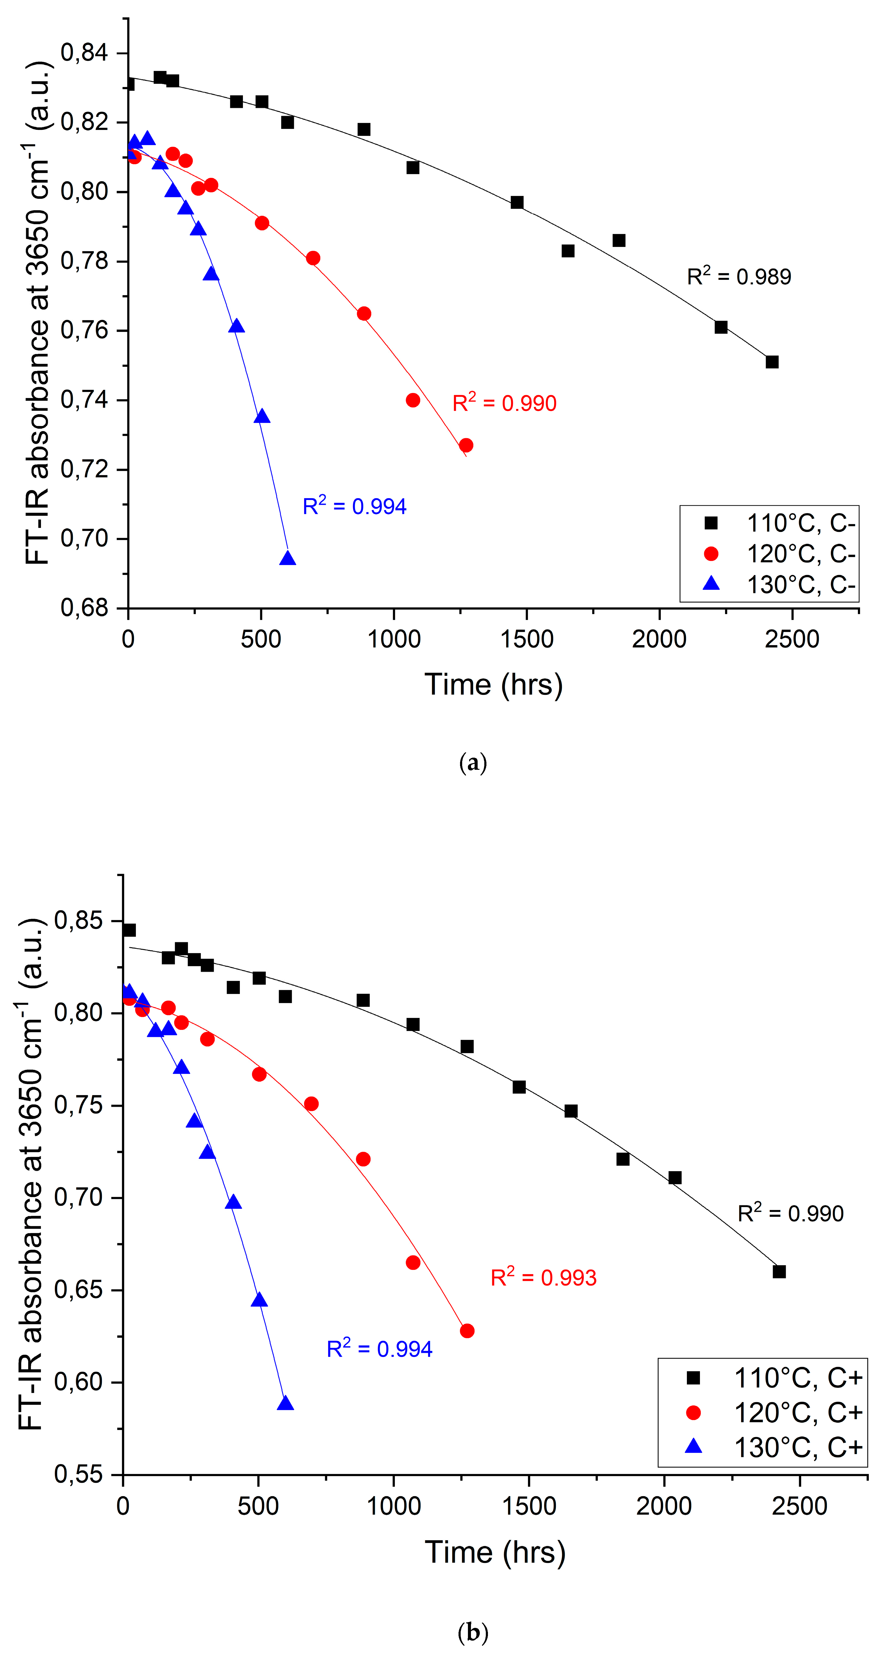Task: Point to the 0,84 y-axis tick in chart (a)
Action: click(84, 53)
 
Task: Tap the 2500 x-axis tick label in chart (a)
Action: click(792, 639)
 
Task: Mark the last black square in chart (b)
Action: click(779, 1272)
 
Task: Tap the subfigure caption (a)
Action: click(473, 763)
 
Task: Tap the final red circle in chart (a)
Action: click(466, 445)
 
